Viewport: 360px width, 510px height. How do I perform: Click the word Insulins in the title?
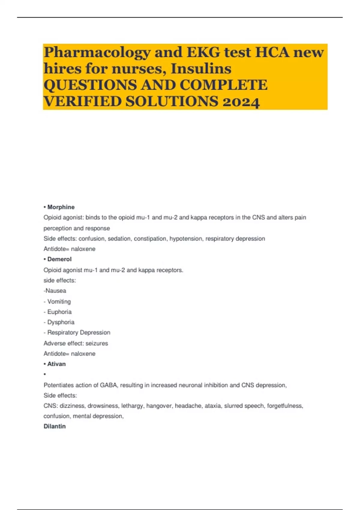(201, 69)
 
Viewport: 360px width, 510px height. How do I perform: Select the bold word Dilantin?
(55, 426)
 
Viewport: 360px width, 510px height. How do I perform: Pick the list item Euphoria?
(59, 312)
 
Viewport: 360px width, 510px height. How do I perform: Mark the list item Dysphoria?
(61, 322)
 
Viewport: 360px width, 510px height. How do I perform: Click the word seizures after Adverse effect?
(97, 343)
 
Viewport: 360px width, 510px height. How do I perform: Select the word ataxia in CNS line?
(213, 406)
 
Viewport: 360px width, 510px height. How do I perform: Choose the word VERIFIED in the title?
(83, 102)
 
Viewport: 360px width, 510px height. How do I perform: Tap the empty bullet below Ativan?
(45, 374)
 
